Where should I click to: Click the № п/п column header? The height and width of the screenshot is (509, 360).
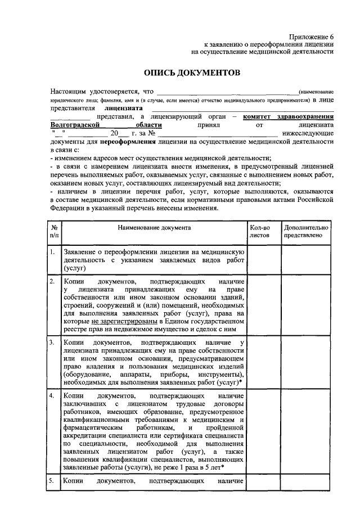point(55,231)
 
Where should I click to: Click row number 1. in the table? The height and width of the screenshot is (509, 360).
point(52,252)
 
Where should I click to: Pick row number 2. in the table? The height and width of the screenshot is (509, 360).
point(52,281)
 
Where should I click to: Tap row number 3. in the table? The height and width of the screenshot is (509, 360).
point(52,342)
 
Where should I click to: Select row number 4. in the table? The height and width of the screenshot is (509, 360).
point(52,396)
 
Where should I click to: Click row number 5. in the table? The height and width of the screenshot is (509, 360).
point(52,481)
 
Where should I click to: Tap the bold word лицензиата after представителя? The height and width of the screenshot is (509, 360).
point(124,106)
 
